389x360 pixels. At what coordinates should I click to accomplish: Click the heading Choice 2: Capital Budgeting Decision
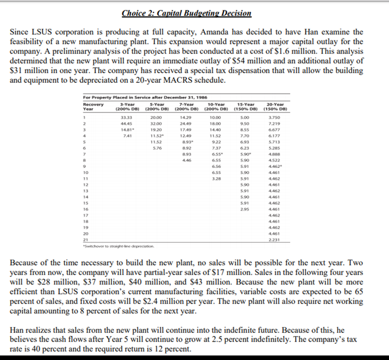point(186,14)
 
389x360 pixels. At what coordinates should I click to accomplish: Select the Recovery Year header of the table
point(94,106)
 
